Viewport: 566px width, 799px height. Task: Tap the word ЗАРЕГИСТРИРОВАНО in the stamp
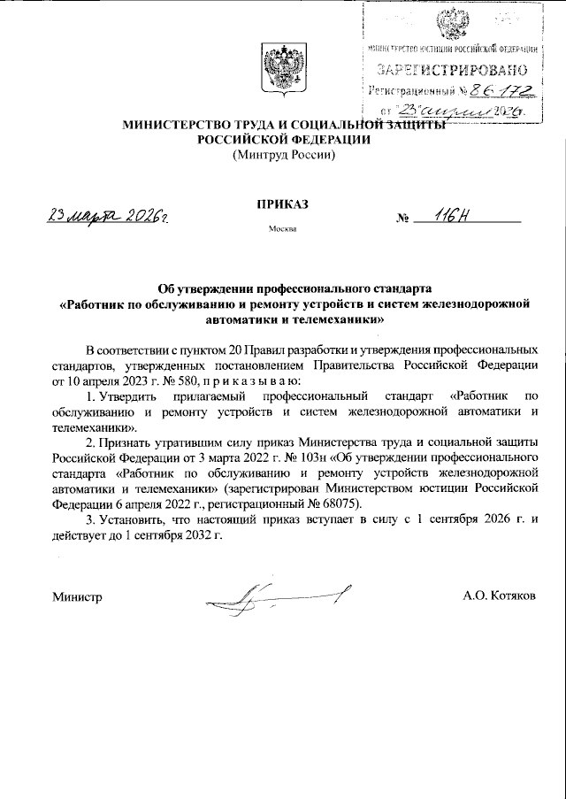pyautogui.click(x=454, y=68)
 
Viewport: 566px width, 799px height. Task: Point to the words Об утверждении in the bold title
pyautogui.click(x=198, y=288)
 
